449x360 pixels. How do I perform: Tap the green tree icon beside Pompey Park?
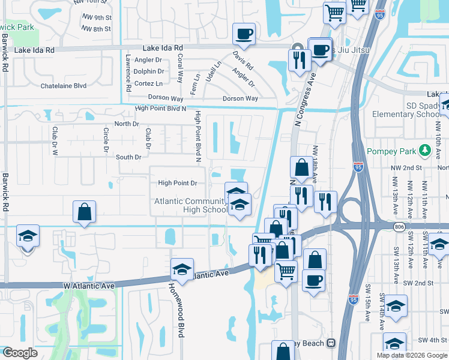coord(426,149)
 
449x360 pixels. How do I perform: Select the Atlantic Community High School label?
coord(191,205)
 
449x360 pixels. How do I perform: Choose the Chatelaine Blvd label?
coord(64,86)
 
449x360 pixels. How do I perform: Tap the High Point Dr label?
coord(178,182)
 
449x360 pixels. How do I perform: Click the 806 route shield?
coord(400,226)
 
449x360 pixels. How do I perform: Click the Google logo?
coord(19,353)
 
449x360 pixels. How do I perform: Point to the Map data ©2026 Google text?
coord(411,355)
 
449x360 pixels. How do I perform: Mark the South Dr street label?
coord(128,157)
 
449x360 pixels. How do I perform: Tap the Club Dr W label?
coord(54,140)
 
